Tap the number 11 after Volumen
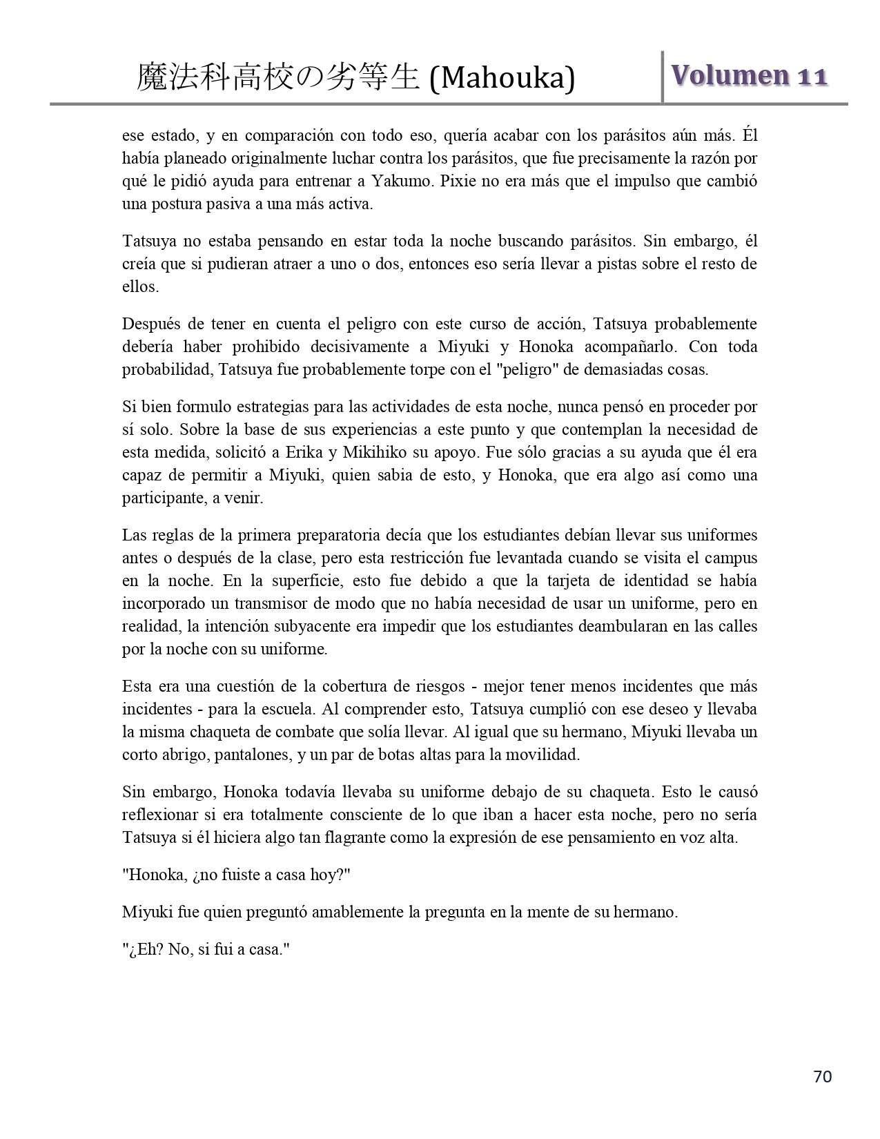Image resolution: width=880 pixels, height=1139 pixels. click(x=813, y=76)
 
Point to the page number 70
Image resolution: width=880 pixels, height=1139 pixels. click(x=823, y=1076)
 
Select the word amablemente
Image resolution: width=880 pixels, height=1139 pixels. click(x=358, y=912)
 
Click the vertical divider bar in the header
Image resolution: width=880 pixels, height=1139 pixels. click(x=663, y=77)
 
